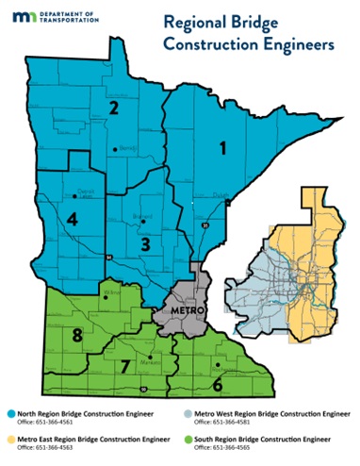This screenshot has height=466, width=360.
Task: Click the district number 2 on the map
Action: tap(114, 108)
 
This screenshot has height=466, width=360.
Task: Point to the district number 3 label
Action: tap(144, 244)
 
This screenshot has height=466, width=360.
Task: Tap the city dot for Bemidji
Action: tap(115, 149)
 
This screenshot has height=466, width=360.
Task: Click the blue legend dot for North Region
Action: tap(8, 414)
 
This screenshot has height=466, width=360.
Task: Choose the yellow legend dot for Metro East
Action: tap(8, 441)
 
